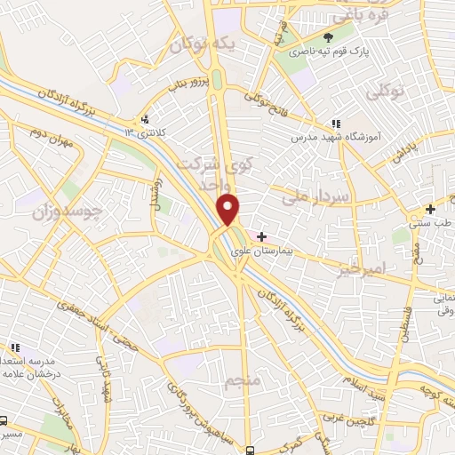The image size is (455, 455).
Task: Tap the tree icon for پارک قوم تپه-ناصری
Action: pyautogui.click(x=329, y=37)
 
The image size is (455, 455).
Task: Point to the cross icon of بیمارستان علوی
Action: pyautogui.click(x=261, y=235)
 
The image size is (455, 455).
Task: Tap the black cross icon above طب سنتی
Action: pyautogui.click(x=430, y=210)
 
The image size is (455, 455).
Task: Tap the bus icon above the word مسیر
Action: pyautogui.click(x=5, y=420)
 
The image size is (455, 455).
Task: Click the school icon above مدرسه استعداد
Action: pyautogui.click(x=13, y=348)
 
